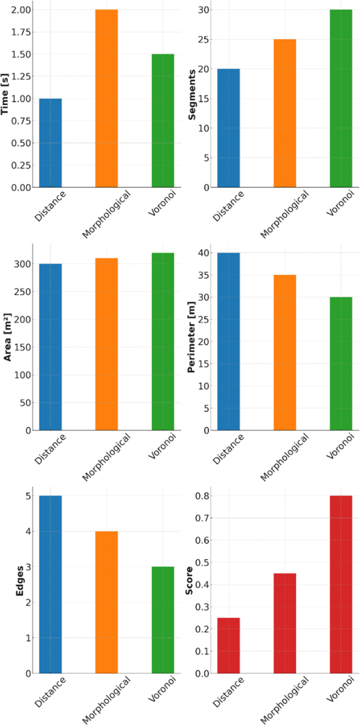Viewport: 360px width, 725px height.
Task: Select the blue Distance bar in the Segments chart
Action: pyautogui.click(x=229, y=128)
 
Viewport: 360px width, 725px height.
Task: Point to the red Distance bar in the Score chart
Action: pyautogui.click(x=229, y=645)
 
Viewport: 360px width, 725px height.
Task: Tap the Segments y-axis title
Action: pyautogui.click(x=192, y=95)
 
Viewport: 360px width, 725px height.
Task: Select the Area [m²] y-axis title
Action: pyautogui.click(x=8, y=338)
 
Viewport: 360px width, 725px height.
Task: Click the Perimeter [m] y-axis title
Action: pyautogui.click(x=190, y=338)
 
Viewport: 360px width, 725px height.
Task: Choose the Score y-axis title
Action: pyautogui.click(x=189, y=581)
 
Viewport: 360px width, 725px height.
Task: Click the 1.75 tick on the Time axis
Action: pyautogui.click(x=22, y=32)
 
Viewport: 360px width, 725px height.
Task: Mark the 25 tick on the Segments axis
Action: pyautogui.click(x=204, y=40)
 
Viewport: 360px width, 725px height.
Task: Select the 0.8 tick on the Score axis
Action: pyautogui.click(x=202, y=495)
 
